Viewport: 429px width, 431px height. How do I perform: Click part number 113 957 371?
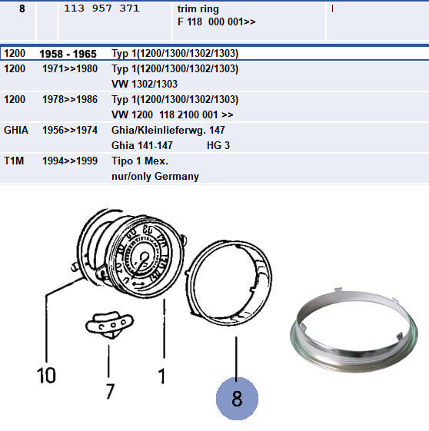[101, 8]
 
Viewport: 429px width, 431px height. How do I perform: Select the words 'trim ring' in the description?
[198, 9]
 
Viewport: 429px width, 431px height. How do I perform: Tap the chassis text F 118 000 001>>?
[217, 22]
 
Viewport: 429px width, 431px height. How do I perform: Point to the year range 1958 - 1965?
[68, 54]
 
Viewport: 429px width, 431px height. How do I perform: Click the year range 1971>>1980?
[70, 68]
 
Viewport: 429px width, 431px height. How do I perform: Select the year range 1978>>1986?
[70, 100]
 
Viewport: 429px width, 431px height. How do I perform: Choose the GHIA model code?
[16, 130]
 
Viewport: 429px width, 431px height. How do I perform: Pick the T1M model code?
[14, 161]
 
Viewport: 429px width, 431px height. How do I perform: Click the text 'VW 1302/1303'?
[145, 84]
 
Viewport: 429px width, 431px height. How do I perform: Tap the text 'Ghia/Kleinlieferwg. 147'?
[168, 131]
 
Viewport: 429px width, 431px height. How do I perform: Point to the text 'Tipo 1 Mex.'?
[140, 161]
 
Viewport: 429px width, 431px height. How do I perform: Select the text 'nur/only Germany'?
[155, 177]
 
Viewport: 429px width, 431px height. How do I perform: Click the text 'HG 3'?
[218, 146]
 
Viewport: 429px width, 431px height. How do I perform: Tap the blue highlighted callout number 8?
[237, 399]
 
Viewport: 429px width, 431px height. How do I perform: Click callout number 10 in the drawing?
[46, 375]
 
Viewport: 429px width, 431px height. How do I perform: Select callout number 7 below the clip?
[110, 391]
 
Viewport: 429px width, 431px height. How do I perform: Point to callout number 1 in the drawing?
[161, 376]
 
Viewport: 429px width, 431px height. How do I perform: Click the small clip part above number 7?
[109, 324]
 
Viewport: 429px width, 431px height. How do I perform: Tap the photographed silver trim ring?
[354, 357]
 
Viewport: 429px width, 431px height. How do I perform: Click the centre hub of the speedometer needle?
[144, 257]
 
